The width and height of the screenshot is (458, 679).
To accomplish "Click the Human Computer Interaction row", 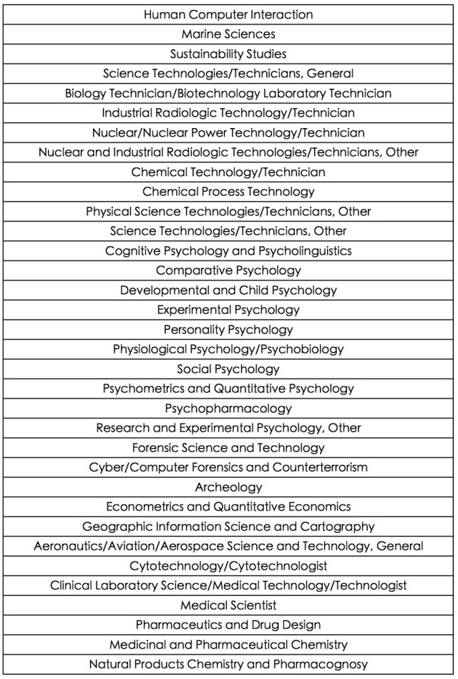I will [228, 14].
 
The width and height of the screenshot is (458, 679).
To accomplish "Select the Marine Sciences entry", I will [228, 34].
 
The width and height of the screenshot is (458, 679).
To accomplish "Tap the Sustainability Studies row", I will [228, 54].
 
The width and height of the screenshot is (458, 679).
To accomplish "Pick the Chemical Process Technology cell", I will [228, 192].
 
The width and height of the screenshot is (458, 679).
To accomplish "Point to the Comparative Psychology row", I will [228, 270].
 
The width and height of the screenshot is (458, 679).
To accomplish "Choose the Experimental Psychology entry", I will [228, 310].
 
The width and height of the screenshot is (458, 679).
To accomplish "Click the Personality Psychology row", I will [228, 330].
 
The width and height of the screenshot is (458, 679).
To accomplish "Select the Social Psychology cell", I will [228, 369].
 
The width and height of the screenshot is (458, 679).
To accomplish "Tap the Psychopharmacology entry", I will [228, 409].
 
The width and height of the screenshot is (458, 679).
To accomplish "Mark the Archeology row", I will [228, 487].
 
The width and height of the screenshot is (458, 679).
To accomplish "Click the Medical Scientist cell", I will [228, 605].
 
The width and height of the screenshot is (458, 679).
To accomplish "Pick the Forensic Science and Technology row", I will [228, 448].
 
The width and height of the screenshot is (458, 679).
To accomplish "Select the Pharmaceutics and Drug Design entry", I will [228, 625].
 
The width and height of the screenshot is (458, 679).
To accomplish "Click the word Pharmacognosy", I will [326, 665].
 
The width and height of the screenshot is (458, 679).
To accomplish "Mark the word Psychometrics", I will [145, 389].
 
